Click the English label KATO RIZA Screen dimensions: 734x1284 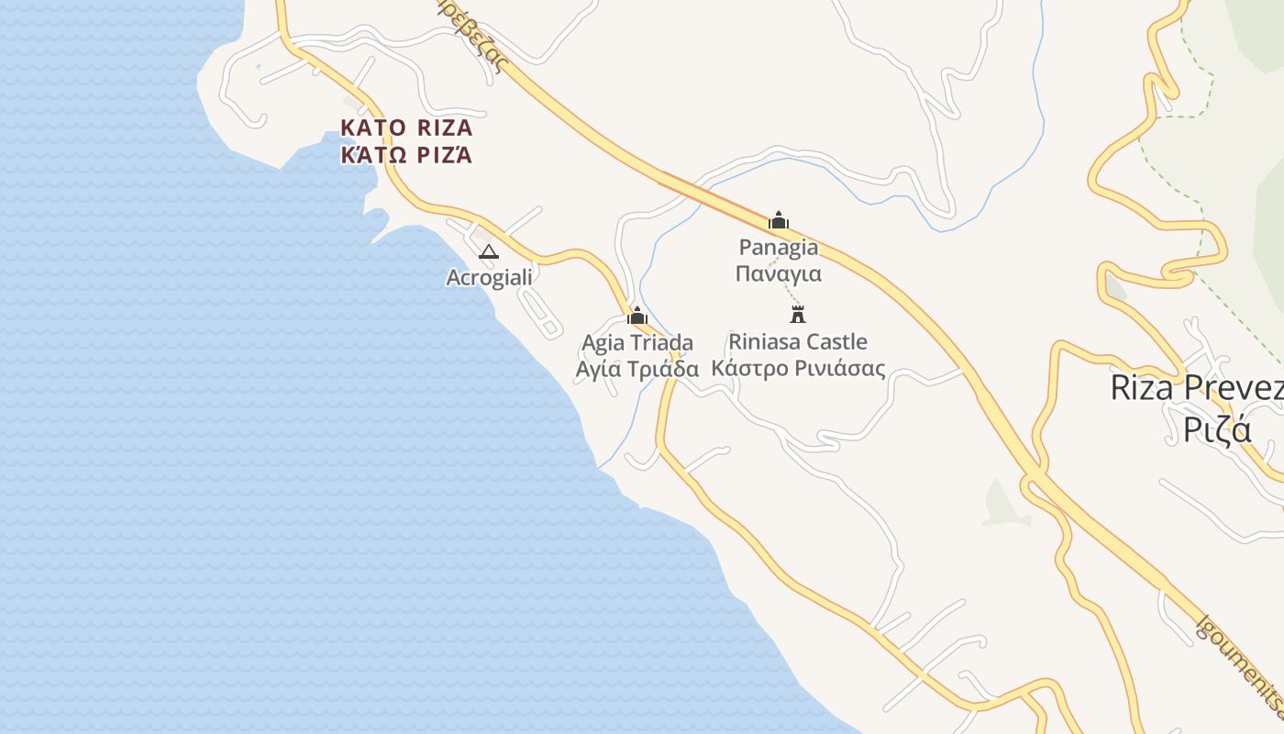click(x=406, y=128)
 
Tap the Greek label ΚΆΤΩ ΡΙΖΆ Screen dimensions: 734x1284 click(x=406, y=155)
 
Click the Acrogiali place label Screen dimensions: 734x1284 click(x=489, y=277)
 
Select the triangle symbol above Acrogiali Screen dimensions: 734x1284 click(x=489, y=251)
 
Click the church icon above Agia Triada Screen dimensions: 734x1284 click(x=637, y=317)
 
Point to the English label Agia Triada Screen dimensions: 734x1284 click(x=637, y=343)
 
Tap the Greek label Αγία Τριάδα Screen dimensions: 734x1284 click(x=637, y=370)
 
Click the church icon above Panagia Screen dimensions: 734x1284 click(x=779, y=220)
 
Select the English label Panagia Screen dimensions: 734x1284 click(x=779, y=247)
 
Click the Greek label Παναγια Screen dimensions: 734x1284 click(x=779, y=273)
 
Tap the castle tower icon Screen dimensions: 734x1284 click(x=798, y=314)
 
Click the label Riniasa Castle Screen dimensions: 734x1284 click(x=798, y=342)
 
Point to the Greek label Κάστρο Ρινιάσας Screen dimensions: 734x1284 click(x=798, y=369)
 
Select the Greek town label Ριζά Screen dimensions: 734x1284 click(x=1217, y=429)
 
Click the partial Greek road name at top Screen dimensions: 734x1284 click(x=477, y=37)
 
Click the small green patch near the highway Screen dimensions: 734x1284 click(x=1002, y=504)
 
